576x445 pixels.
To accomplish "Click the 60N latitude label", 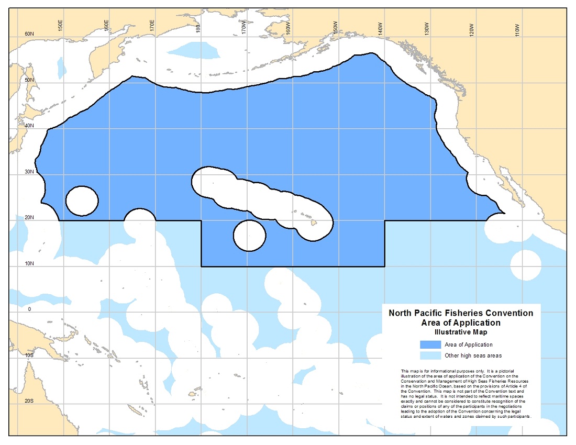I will click(x=29, y=34).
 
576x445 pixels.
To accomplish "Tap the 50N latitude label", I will click(x=29, y=80).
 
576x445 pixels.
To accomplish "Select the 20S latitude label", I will click(x=29, y=401).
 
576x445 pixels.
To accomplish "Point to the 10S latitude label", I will click(x=29, y=355).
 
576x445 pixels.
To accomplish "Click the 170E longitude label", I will click(x=151, y=25).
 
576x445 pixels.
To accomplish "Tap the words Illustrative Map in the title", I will click(x=461, y=332).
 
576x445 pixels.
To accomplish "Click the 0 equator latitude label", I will click(x=30, y=309).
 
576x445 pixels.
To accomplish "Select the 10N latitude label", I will click(x=29, y=263).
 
